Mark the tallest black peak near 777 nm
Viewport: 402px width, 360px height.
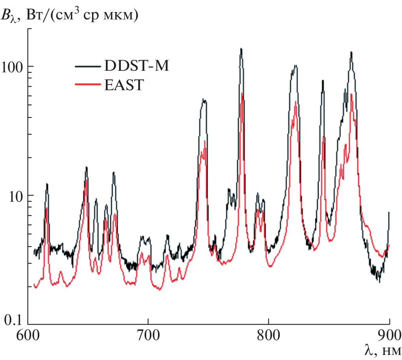(x=241, y=49)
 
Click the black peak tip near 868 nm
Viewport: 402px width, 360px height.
(x=351, y=52)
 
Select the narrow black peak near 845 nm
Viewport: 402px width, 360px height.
(x=323, y=81)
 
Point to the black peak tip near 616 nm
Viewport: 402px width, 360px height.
(x=47, y=184)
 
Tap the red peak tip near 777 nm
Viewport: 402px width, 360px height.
(x=242, y=94)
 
